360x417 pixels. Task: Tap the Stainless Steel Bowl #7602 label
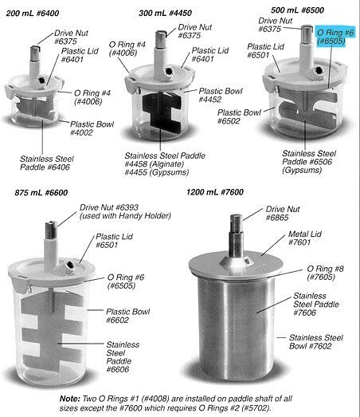pyautogui.click(x=319, y=342)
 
